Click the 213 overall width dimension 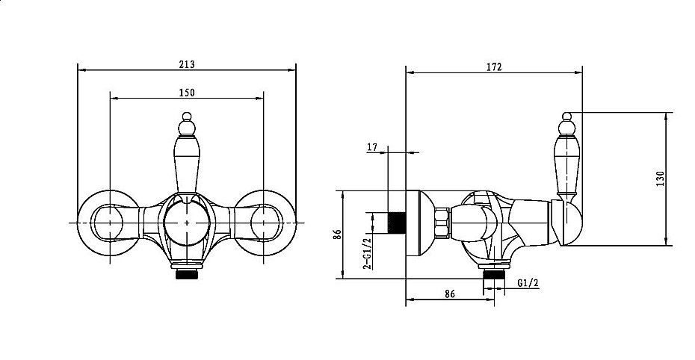pyautogui.click(x=187, y=65)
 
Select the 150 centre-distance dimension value pyautogui.click(x=187, y=92)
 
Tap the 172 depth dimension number pyautogui.click(x=493, y=67)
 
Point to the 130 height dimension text pyautogui.click(x=659, y=179)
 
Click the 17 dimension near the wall pyautogui.click(x=372, y=147)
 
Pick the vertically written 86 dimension pyautogui.click(x=337, y=234)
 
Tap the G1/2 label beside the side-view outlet pyautogui.click(x=525, y=282)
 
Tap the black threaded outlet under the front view pyautogui.click(x=186, y=274)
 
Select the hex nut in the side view pyautogui.click(x=442, y=223)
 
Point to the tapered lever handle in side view pyautogui.click(x=567, y=161)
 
